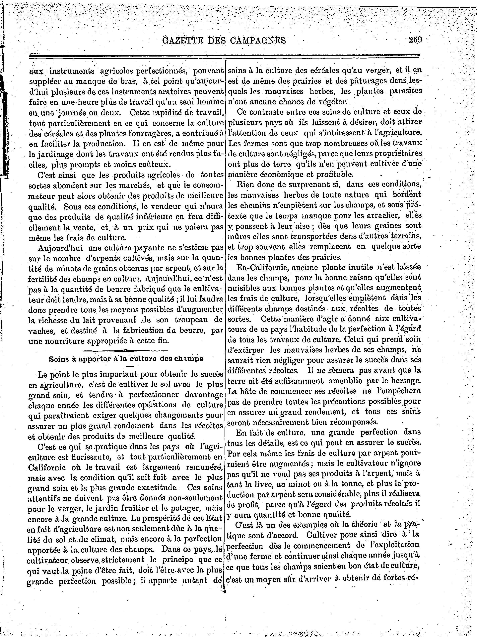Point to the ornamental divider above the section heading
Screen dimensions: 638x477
point(126,350)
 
